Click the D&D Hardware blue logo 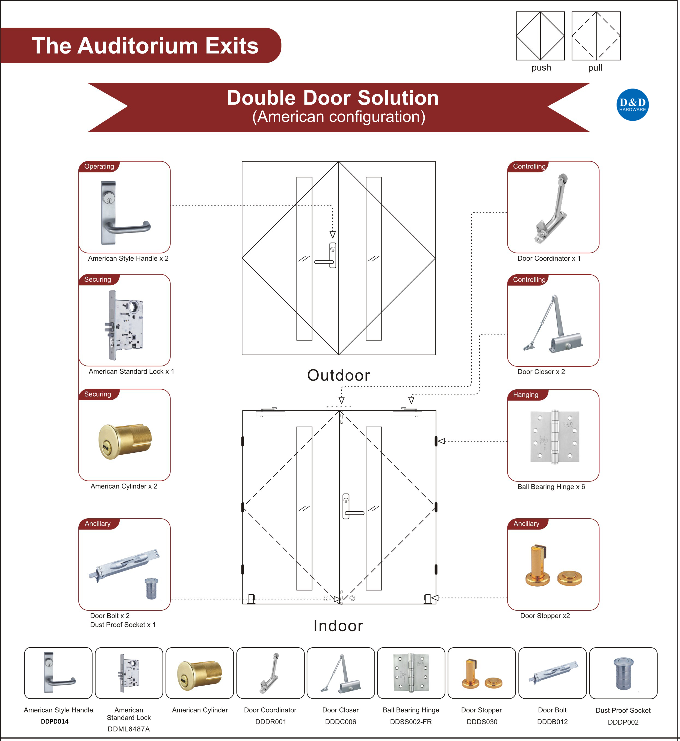(632, 105)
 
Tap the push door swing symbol (540, 36)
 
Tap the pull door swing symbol (596, 36)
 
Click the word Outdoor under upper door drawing (339, 375)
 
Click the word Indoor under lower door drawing (338, 626)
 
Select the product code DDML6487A (129, 729)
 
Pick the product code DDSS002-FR (411, 722)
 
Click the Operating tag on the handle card (99, 166)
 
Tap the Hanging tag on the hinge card (525, 395)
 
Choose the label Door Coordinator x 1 (549, 258)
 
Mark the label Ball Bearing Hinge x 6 (551, 487)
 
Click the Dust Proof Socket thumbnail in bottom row (623, 673)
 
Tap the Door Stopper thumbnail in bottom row (481, 673)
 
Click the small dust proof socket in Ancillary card (151, 588)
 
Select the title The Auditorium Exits (145, 46)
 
